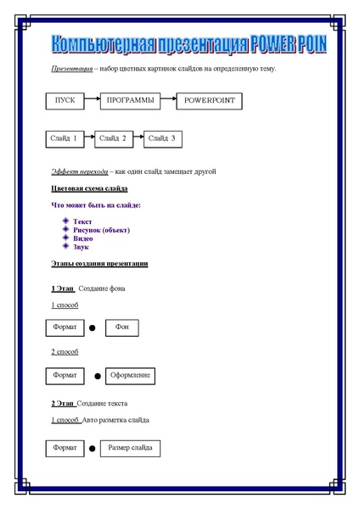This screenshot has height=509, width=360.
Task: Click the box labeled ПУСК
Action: [x=65, y=101]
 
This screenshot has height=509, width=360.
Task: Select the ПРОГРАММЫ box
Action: [x=130, y=101]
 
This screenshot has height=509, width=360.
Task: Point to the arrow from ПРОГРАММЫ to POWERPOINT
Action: [x=168, y=101]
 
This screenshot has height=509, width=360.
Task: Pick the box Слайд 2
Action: [x=112, y=137]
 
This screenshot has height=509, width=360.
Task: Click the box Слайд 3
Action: [x=161, y=137]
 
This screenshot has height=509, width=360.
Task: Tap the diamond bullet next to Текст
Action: [x=65, y=221]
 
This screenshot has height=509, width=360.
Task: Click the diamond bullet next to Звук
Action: [x=65, y=246]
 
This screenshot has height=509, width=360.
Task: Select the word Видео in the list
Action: [x=83, y=238]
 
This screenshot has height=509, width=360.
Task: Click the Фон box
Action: [x=121, y=327]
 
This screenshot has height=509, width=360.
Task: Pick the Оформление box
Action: [x=130, y=375]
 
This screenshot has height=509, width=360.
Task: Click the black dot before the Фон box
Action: [x=92, y=328]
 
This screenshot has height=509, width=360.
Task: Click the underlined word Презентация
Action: [x=71, y=68]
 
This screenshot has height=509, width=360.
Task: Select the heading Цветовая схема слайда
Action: [x=89, y=187]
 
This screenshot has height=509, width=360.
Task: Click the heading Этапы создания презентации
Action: [x=99, y=264]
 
